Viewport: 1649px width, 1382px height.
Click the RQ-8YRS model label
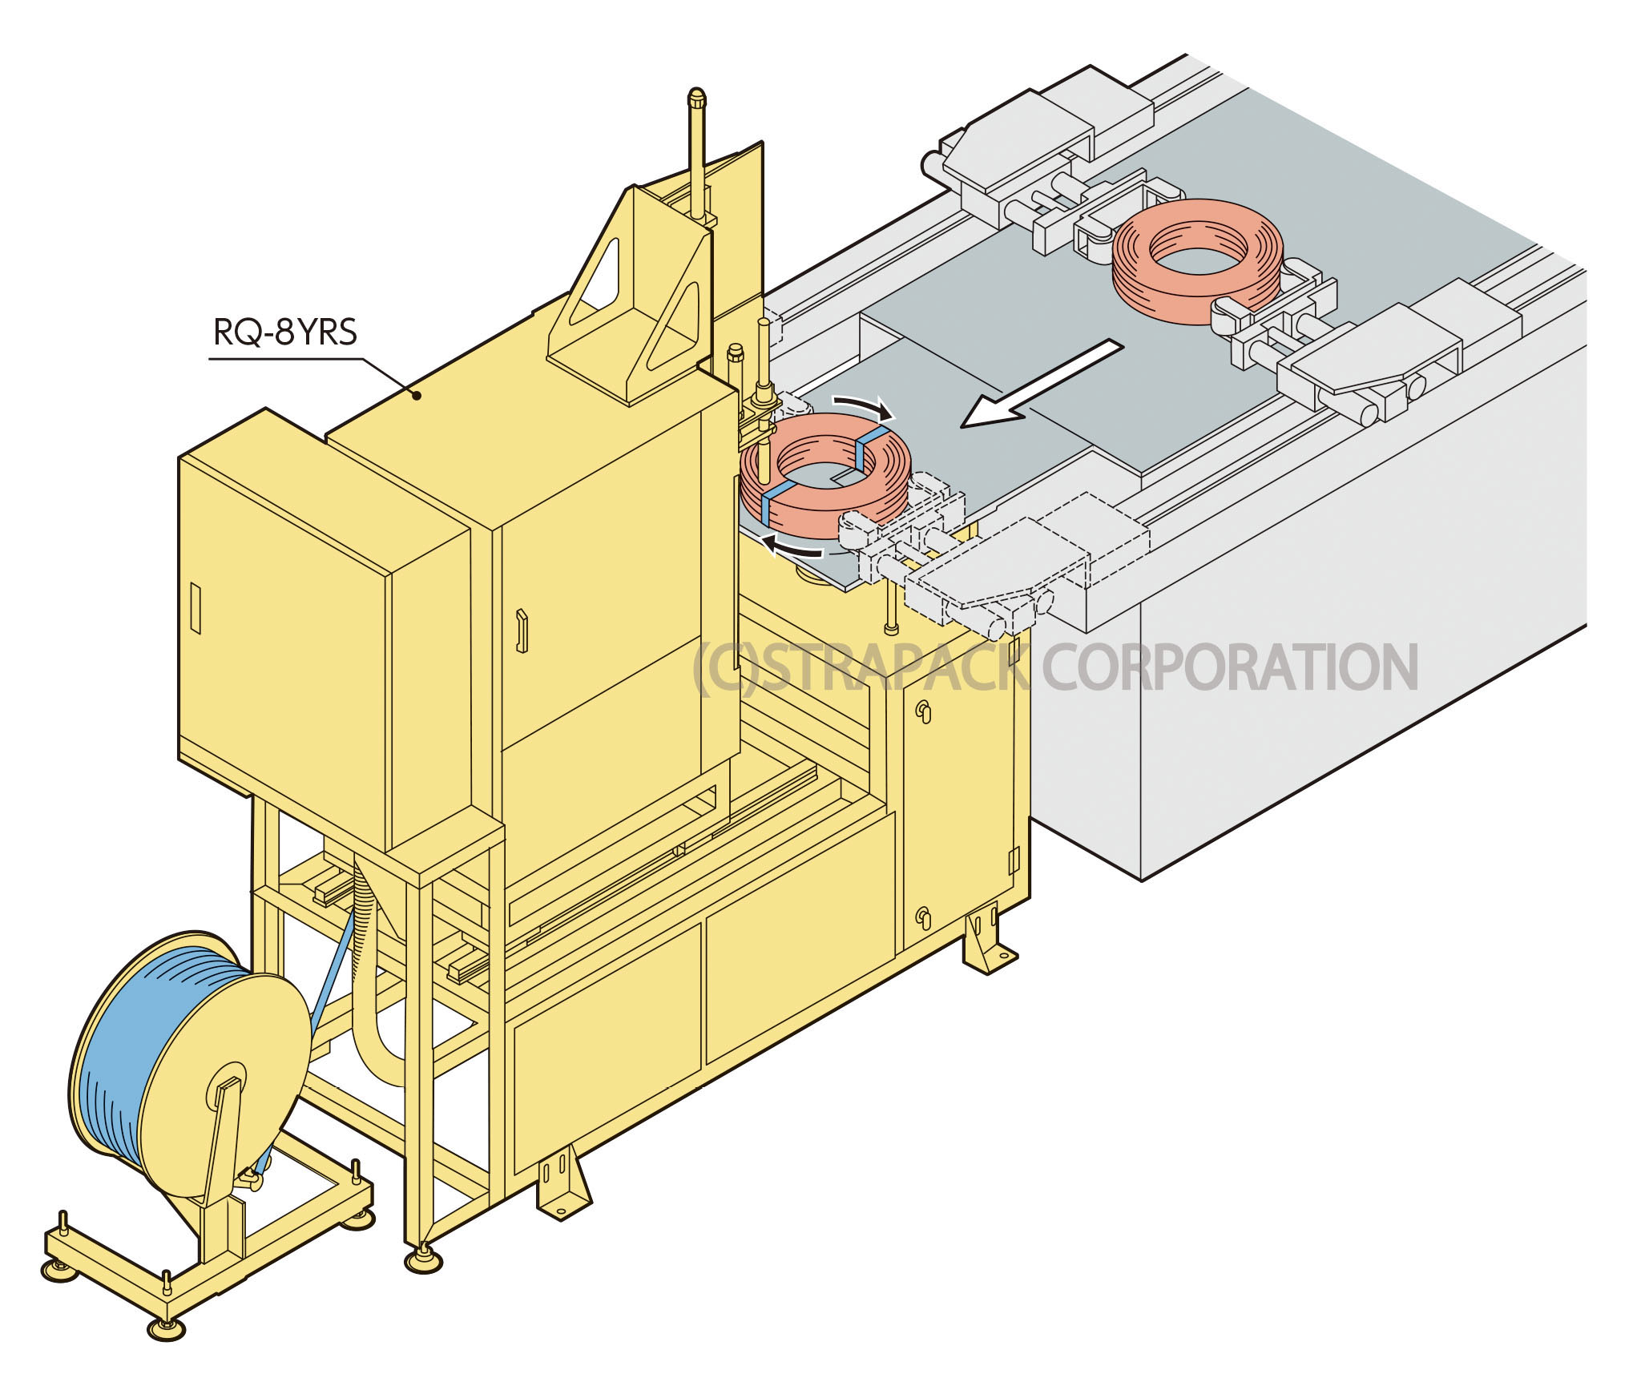[x=284, y=331]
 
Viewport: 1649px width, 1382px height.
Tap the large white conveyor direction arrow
[x=1041, y=384]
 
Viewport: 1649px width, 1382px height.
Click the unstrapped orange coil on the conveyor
[x=1197, y=261]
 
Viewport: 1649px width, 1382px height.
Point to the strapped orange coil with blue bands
[x=825, y=477]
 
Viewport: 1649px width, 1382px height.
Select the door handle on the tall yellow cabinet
[x=522, y=631]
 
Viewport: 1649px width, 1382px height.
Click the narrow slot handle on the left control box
[x=196, y=608]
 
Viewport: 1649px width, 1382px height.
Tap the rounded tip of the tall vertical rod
[x=697, y=98]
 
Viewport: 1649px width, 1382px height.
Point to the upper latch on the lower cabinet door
[x=923, y=711]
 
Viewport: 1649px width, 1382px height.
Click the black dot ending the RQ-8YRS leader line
[x=417, y=394]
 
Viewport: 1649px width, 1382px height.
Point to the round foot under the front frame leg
[x=422, y=1262]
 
